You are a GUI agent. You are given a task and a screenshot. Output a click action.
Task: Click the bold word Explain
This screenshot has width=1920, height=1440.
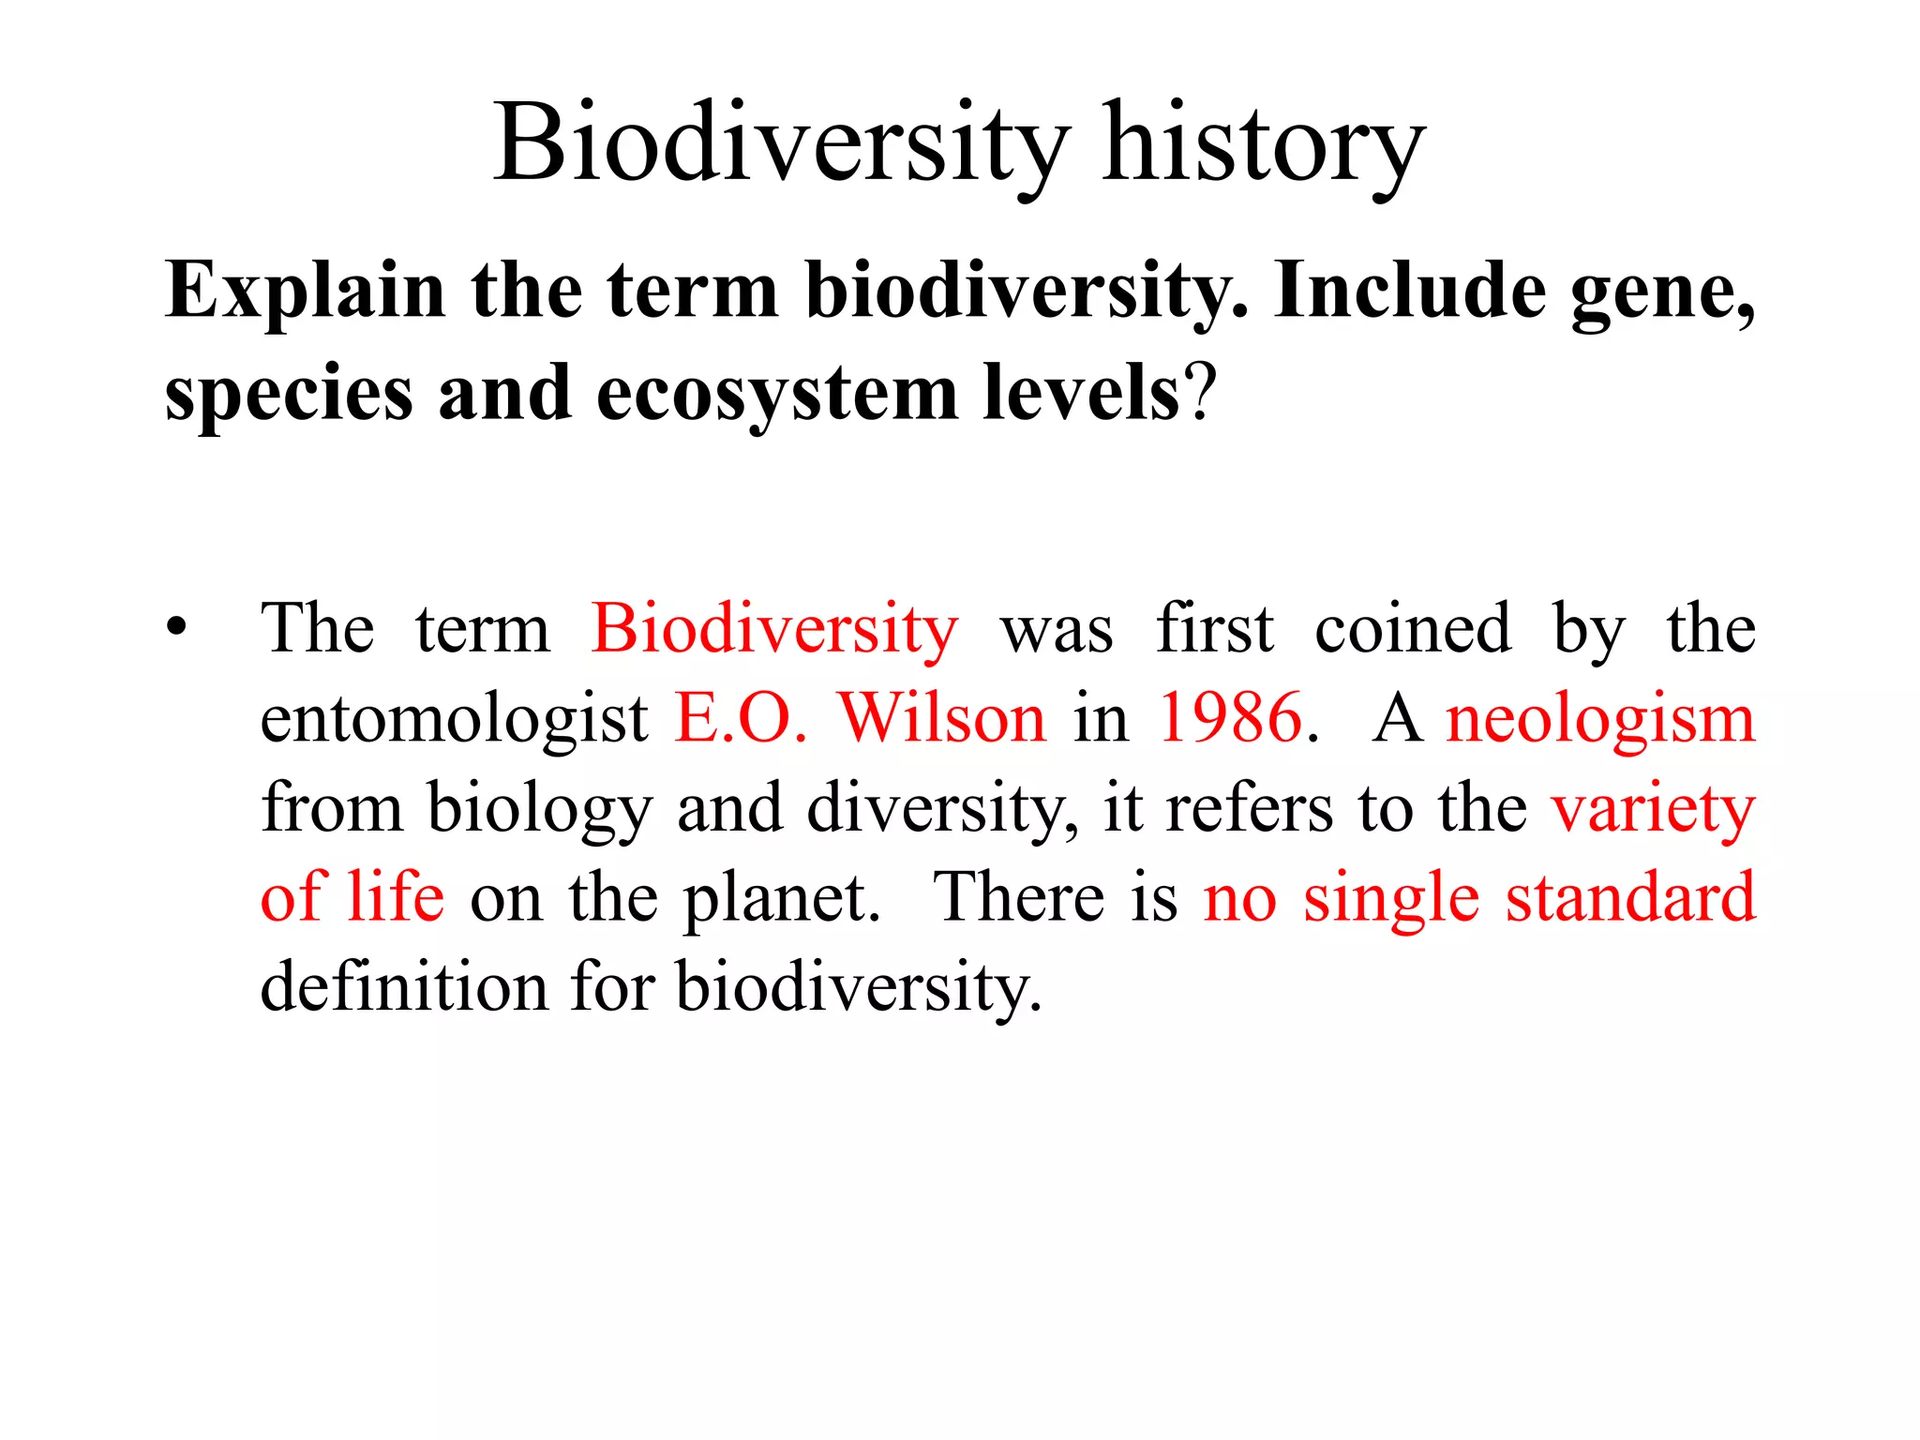pyautogui.click(x=305, y=292)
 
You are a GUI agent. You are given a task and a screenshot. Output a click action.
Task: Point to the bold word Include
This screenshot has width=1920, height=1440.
pyautogui.click(x=1409, y=292)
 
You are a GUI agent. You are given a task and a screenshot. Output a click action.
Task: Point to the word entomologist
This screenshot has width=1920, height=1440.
pyautogui.click(x=454, y=720)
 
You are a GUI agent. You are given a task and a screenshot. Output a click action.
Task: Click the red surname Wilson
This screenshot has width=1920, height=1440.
pyautogui.click(x=941, y=718)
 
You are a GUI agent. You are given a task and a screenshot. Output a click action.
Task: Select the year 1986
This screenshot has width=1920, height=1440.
pyautogui.click(x=1230, y=718)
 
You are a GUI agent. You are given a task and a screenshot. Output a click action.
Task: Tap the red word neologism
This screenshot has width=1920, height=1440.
pyautogui.click(x=1599, y=720)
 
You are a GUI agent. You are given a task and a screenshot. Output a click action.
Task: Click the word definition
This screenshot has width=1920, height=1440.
pyautogui.click(x=403, y=988)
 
